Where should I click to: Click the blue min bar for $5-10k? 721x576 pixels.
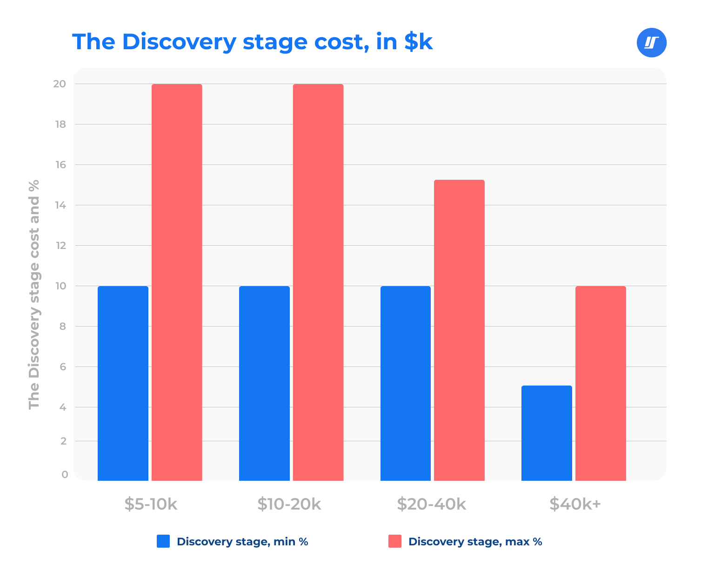(x=123, y=383)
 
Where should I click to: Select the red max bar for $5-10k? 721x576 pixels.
(x=177, y=282)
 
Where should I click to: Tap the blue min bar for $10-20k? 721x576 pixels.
(x=264, y=383)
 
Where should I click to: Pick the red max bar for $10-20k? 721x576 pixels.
(x=318, y=282)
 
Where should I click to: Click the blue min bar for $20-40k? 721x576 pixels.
(x=406, y=383)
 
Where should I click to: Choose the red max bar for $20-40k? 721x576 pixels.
(x=459, y=330)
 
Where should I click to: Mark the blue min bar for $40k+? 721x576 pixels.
(x=547, y=433)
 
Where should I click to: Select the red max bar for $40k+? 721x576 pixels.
(x=601, y=383)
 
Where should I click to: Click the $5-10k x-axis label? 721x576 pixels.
(x=151, y=504)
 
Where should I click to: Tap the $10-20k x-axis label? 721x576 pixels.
(x=289, y=504)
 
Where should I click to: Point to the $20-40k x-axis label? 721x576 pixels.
(x=431, y=504)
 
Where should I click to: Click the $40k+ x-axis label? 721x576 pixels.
(x=575, y=504)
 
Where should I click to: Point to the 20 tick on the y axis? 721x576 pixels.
(x=60, y=84)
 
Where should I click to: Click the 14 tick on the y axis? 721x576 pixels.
(x=60, y=205)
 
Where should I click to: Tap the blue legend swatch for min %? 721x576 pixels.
(x=163, y=541)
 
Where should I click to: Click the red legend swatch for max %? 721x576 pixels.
(x=395, y=541)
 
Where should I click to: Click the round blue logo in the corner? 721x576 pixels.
(x=651, y=43)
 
